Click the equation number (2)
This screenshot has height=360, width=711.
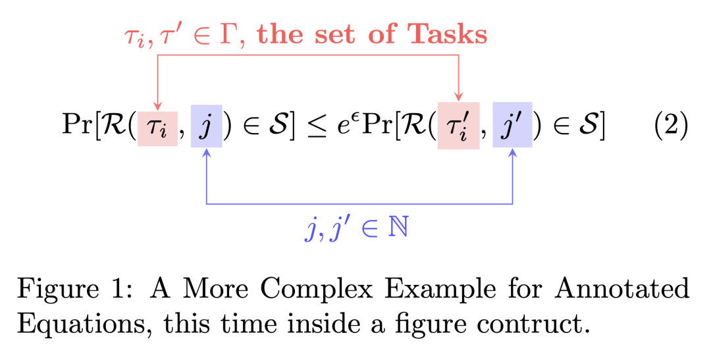click(x=671, y=124)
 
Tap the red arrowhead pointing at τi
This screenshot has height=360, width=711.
click(x=157, y=106)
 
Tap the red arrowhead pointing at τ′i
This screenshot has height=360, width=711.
click(x=459, y=99)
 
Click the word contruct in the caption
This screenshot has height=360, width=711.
click(x=526, y=324)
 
